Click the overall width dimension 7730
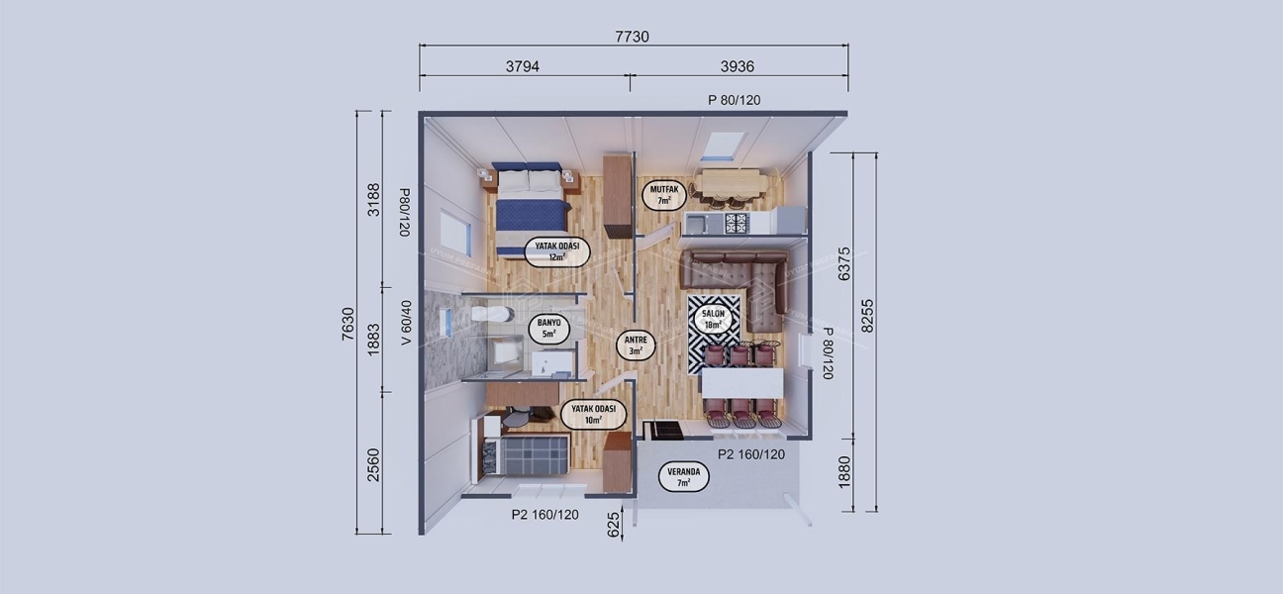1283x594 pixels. pyautogui.click(x=632, y=37)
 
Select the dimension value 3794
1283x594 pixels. pyautogui.click(x=522, y=66)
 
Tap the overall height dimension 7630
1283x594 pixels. pyautogui.click(x=347, y=324)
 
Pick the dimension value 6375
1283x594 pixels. pyautogui.click(x=844, y=264)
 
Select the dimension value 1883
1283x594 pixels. pyautogui.click(x=373, y=339)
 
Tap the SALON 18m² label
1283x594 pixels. pyautogui.click(x=715, y=319)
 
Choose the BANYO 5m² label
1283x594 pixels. pyautogui.click(x=548, y=329)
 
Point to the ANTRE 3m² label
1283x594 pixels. pyautogui.click(x=634, y=344)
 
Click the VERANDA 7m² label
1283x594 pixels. pyautogui.click(x=684, y=477)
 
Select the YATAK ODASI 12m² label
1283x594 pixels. pyautogui.click(x=556, y=251)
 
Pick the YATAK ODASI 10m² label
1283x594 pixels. pyautogui.click(x=593, y=414)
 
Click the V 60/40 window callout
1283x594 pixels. pyautogui.click(x=405, y=322)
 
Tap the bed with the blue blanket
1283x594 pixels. pyautogui.click(x=532, y=208)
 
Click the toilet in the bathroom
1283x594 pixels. pyautogui.click(x=491, y=314)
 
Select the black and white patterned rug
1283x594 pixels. pyautogui.click(x=714, y=334)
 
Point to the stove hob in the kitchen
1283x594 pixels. pyautogui.click(x=737, y=224)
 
